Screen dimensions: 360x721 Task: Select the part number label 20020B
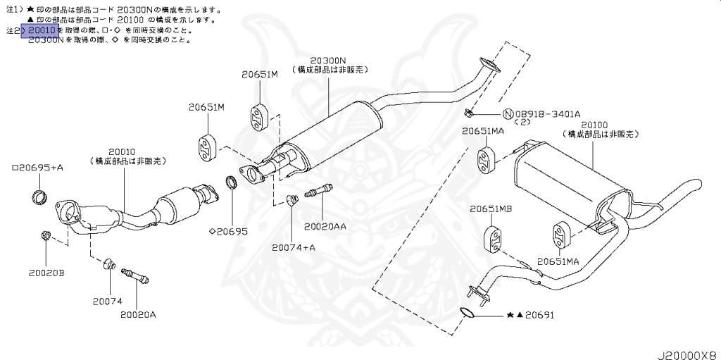46,272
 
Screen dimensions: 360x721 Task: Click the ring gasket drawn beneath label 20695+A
42,195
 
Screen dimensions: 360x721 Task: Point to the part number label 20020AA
325,227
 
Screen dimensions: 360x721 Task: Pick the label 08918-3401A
546,113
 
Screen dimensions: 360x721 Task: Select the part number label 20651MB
491,209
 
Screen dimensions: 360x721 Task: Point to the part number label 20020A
137,314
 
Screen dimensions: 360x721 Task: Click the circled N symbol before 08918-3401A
508,113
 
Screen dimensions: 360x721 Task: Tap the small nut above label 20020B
46,236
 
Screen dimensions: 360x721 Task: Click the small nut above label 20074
109,264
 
